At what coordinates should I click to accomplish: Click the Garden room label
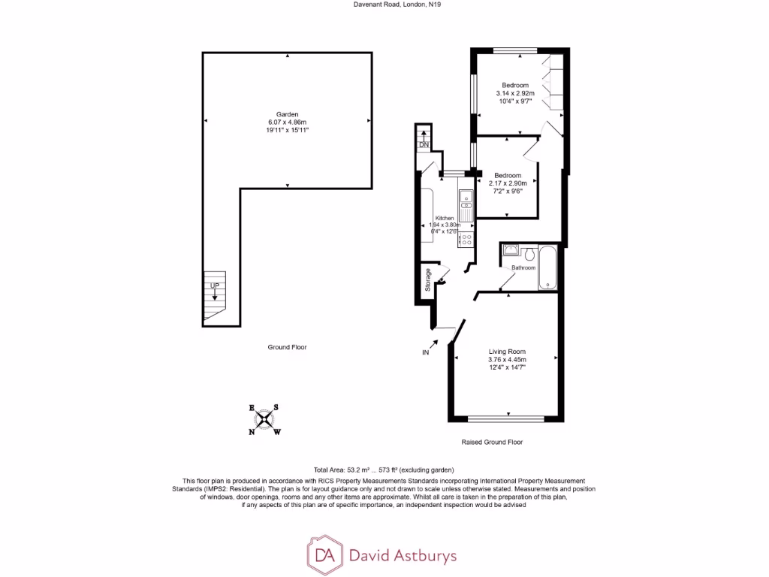[288, 114]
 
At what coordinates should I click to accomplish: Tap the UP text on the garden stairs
[215, 286]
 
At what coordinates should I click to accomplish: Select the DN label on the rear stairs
[424, 145]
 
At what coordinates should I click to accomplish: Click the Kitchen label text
[445, 218]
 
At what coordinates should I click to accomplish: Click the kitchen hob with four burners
[466, 240]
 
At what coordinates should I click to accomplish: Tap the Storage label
[428, 279]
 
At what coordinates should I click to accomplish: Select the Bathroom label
[523, 268]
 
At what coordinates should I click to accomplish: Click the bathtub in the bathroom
[547, 267]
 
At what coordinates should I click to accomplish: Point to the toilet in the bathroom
[529, 252]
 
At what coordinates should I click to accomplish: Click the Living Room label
[507, 352]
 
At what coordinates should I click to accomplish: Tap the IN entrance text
[425, 352]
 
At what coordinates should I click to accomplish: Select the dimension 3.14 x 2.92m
[515, 93]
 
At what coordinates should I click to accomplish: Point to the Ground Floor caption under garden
[287, 347]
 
